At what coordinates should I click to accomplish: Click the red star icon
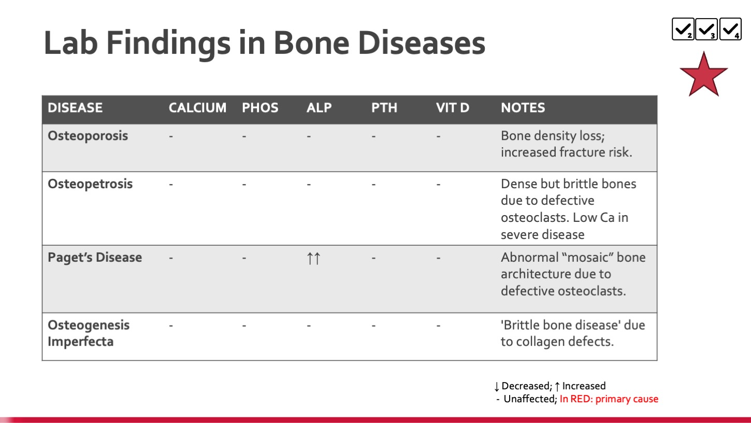tap(704, 76)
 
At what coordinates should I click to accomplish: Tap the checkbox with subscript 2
tap(683, 29)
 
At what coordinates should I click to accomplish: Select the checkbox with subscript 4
tap(730, 29)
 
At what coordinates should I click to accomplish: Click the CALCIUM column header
tap(197, 108)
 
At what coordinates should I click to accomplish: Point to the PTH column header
tap(384, 108)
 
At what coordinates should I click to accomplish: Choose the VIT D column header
tap(453, 108)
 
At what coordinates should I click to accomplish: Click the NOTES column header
tap(523, 108)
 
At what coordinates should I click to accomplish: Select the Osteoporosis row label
tap(88, 136)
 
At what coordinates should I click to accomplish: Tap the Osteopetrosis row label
tap(90, 184)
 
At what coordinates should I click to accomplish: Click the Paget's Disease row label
tap(95, 258)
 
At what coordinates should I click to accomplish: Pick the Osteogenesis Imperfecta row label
tap(89, 333)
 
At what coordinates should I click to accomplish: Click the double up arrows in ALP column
tap(314, 258)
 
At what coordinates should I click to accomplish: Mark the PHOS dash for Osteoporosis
tap(244, 136)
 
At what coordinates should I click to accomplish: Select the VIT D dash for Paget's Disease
tap(438, 258)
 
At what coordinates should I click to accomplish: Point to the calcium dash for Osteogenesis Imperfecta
tap(171, 326)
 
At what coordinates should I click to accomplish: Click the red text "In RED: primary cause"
tap(609, 399)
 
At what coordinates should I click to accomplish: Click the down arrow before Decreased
tap(497, 387)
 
